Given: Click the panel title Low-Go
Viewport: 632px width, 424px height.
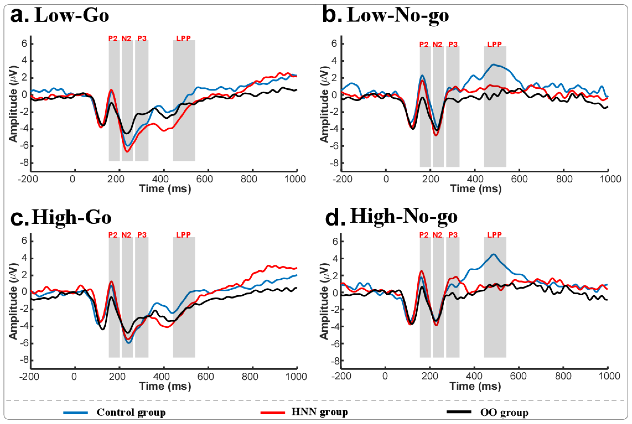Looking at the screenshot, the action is point(72,15).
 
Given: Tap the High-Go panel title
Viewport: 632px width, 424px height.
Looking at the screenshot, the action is point(72,217).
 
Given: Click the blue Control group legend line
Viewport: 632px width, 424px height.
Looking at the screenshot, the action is point(75,413).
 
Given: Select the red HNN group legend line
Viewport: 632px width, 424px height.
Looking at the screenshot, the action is point(273,413).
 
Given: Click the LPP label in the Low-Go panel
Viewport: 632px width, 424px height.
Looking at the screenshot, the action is point(184,38).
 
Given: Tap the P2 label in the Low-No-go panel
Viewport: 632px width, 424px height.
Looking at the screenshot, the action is point(424,44).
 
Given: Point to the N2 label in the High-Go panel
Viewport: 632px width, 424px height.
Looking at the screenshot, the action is point(126,235).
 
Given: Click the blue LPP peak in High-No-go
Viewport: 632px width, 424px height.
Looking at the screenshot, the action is point(494,254).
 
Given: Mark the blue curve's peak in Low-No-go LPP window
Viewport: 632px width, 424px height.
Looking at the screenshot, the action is point(494,64).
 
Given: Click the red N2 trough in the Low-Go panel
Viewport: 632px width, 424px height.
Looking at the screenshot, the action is point(127,151).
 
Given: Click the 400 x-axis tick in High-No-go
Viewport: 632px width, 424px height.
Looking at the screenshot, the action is point(475,376).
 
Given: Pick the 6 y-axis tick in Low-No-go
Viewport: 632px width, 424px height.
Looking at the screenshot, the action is point(334,43).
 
